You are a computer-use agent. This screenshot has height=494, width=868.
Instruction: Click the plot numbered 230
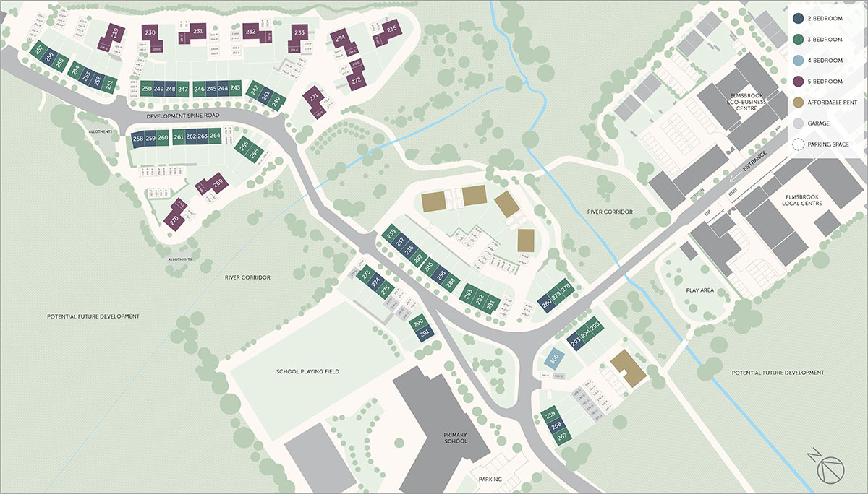click(x=150, y=33)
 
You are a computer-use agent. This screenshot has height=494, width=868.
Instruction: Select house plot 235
click(x=391, y=30)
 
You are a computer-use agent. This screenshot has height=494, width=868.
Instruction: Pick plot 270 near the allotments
click(x=174, y=221)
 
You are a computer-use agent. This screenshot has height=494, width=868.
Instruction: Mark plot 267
click(x=560, y=435)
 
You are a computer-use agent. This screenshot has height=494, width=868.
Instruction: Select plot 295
click(x=595, y=328)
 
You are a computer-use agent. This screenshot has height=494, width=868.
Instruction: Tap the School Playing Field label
click(x=307, y=372)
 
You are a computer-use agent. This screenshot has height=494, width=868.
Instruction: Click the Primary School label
click(x=456, y=438)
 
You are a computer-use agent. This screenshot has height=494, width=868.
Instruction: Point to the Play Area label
click(x=699, y=290)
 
